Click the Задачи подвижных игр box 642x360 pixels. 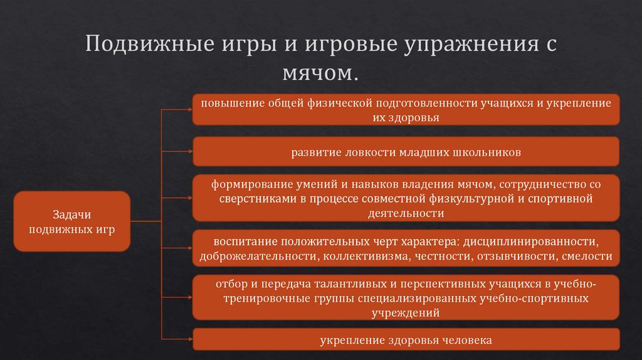coord(71,221)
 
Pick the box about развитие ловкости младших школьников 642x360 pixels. coord(406,152)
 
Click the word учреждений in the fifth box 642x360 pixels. coord(406,312)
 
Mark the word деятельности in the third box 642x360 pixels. coord(406,213)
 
